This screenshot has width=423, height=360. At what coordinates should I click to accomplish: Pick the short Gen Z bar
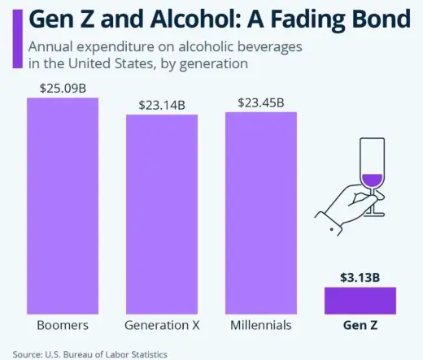click(x=360, y=300)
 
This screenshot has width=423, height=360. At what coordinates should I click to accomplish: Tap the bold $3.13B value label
click(x=360, y=276)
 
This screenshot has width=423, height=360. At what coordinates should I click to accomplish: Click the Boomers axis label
click(x=63, y=325)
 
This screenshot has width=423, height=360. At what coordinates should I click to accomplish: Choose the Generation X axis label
click(x=161, y=325)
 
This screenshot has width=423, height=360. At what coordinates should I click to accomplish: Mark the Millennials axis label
click(x=260, y=325)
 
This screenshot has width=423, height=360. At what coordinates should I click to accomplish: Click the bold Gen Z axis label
click(x=360, y=325)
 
